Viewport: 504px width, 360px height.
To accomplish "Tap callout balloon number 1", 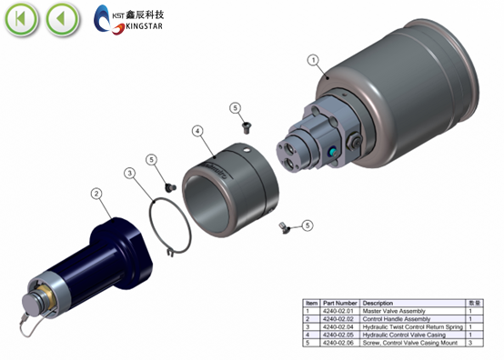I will pyautogui.click(x=313, y=61).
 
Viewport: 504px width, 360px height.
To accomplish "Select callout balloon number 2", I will pyautogui.click(x=96, y=193).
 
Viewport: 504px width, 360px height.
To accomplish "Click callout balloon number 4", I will pyautogui.click(x=197, y=131).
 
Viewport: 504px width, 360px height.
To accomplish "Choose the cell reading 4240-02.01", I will pyautogui.click(x=339, y=311).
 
